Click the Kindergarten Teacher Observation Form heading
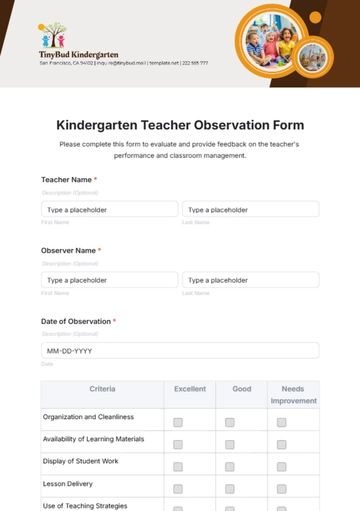pos(180,126)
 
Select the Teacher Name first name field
pos(109,210)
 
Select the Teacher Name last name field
pos(250,210)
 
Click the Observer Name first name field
pos(109,281)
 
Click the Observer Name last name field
pos(250,281)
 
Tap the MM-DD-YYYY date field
pos(180,351)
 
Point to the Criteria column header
pos(102,389)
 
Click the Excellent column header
pos(190,389)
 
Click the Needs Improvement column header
pos(293,394)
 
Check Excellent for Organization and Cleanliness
pos(178,422)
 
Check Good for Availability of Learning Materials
pos(230,444)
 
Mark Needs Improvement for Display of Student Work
pos(281,466)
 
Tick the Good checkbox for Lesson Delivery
pos(230,488)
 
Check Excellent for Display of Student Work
pos(178,466)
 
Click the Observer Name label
pos(68,250)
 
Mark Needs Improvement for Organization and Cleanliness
pos(281,422)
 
